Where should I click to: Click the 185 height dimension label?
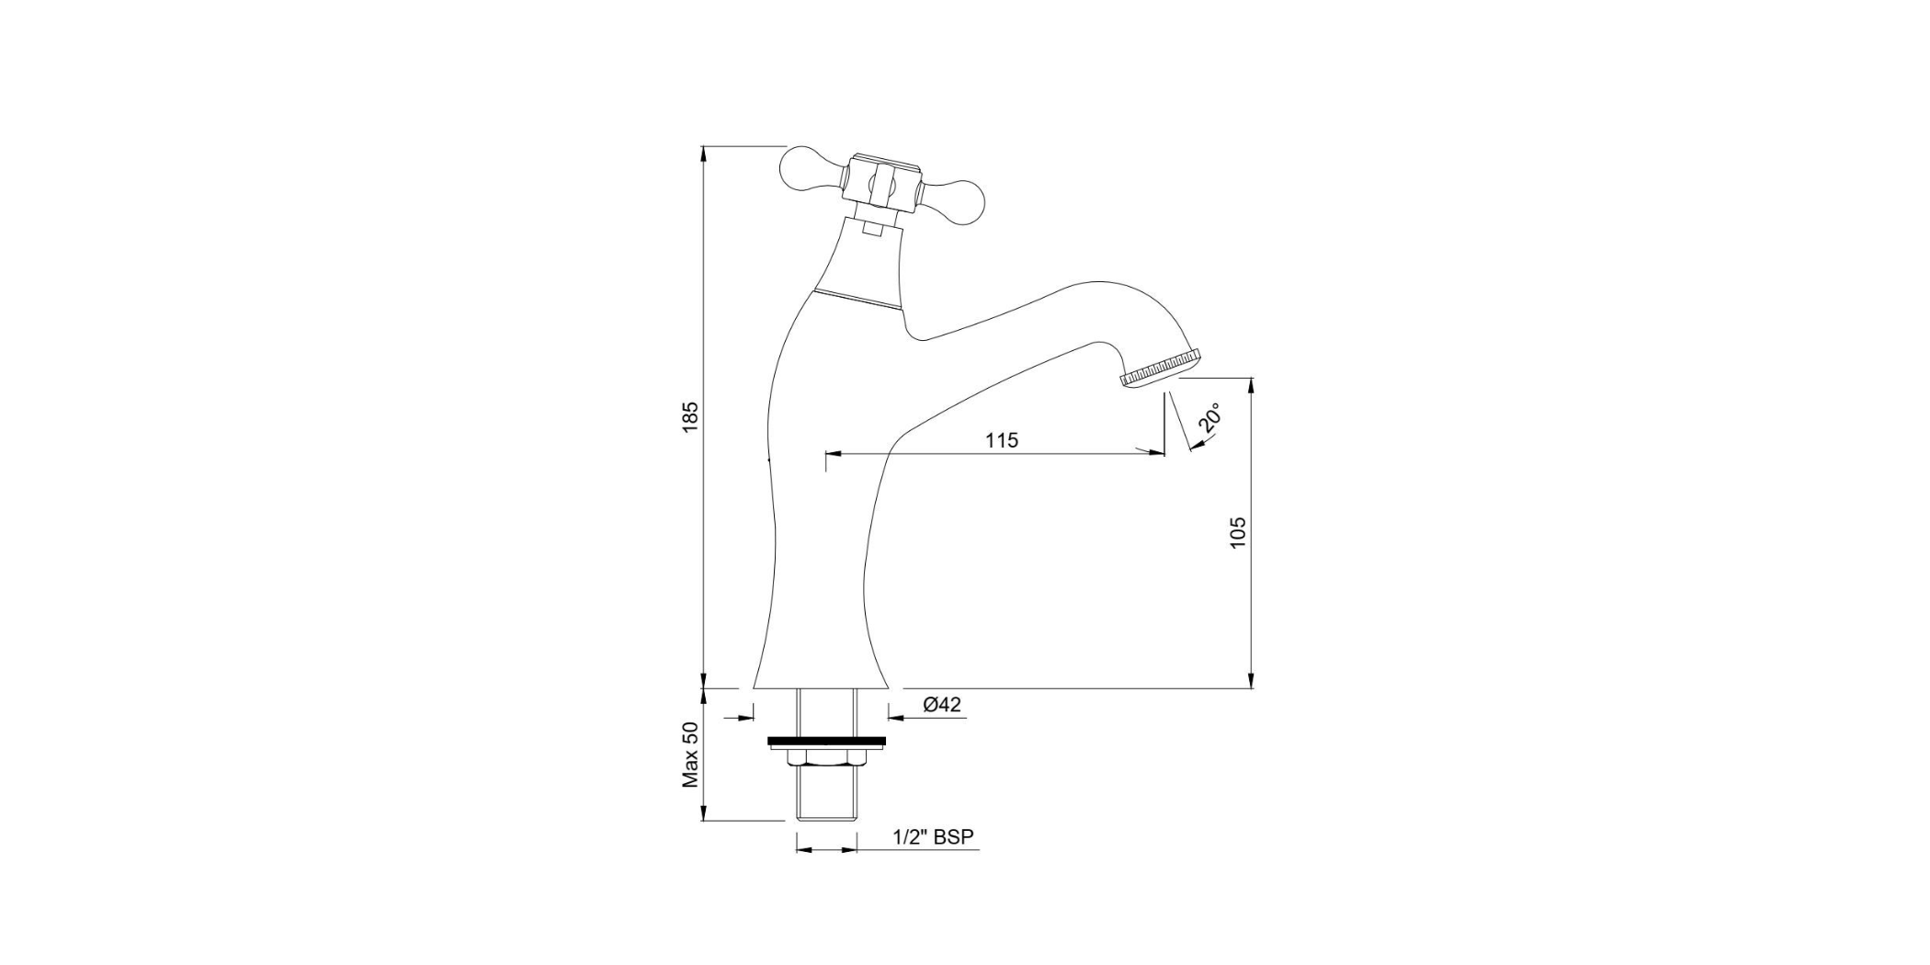point(690,415)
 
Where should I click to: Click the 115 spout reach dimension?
point(1002,440)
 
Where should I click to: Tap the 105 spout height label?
point(1238,533)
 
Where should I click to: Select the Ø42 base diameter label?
point(942,705)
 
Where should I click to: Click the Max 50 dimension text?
point(690,755)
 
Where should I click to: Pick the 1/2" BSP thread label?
point(933,837)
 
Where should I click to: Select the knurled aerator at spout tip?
point(1160,367)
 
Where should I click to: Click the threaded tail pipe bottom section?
point(826,795)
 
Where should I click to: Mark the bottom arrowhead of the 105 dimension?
point(1251,680)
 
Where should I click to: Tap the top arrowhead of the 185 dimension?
point(703,154)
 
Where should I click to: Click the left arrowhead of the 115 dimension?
point(834,453)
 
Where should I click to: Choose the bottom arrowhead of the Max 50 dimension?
point(703,813)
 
